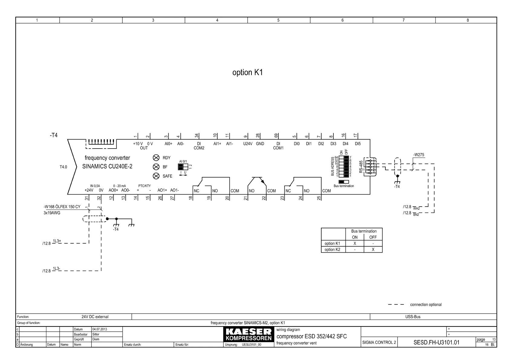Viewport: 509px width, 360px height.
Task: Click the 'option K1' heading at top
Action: point(248,73)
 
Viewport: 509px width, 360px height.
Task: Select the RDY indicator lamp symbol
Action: point(156,158)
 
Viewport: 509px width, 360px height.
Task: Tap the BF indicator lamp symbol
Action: point(156,167)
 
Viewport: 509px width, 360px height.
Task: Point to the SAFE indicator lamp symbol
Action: point(156,176)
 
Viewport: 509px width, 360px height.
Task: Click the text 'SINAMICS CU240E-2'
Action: point(107,166)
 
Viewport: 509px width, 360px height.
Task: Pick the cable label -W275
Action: point(419,155)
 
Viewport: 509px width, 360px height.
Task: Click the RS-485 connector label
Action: point(361,166)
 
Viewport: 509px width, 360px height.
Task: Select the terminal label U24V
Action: point(248,144)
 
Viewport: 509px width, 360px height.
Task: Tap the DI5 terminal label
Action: point(358,144)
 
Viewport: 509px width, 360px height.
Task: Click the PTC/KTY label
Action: point(144,186)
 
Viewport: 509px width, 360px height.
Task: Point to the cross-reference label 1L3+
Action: point(57,241)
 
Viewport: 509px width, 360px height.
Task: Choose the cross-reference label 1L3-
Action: point(57,269)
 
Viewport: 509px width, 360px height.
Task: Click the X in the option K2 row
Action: point(373,250)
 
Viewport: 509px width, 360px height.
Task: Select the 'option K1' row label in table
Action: point(332,244)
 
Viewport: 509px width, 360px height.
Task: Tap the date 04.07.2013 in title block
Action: point(99,329)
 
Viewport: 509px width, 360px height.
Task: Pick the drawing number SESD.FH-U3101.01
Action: point(436,342)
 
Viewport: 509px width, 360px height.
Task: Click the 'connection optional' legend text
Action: point(426,305)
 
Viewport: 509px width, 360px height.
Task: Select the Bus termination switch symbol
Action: point(344,182)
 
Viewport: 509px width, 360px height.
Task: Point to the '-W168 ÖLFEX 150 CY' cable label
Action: point(62,207)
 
